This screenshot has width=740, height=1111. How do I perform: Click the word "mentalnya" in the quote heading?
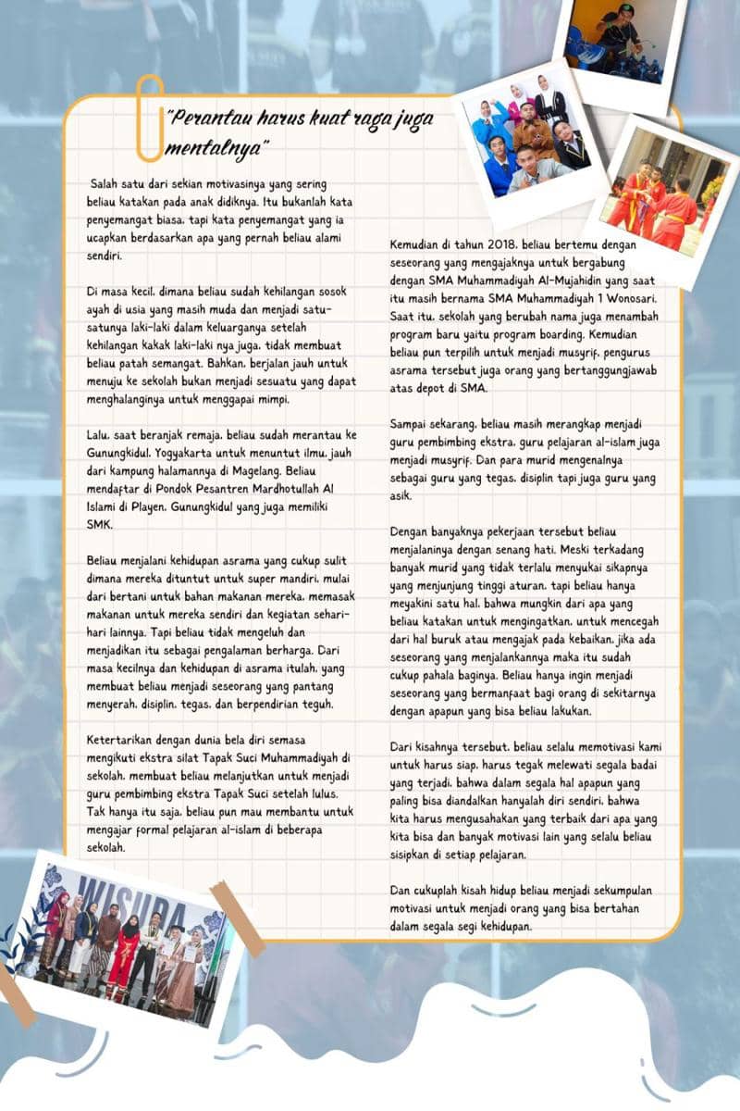point(217,148)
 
